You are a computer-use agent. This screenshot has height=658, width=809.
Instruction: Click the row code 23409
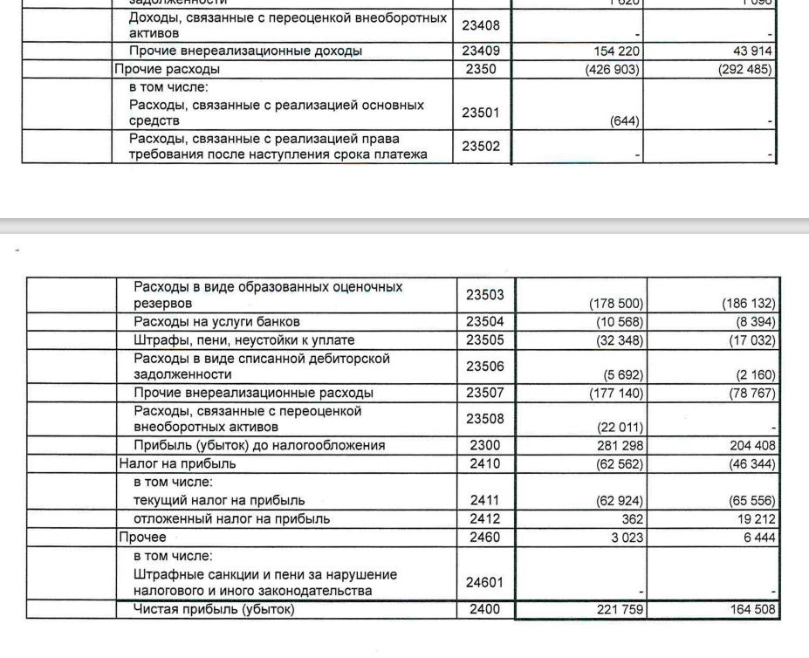(481, 51)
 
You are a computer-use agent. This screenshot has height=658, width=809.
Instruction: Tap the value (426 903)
(614, 68)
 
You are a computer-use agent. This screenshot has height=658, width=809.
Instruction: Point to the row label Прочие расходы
(167, 68)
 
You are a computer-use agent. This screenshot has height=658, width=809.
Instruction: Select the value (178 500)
(616, 305)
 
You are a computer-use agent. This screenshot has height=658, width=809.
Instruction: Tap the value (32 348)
(620, 339)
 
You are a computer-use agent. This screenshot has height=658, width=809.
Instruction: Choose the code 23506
(485, 366)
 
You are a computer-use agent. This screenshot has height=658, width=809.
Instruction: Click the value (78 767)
(752, 393)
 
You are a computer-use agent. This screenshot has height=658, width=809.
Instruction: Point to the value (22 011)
(620, 428)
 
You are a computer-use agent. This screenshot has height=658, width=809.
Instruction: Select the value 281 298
(620, 446)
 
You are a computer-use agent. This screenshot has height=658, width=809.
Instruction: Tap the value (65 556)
(752, 501)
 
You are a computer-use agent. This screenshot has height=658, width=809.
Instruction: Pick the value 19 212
(757, 519)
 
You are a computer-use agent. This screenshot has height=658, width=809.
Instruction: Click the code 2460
(485, 538)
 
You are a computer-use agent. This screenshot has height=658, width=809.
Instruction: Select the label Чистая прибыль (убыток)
(214, 609)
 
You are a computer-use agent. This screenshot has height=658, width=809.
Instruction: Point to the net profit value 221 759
(620, 610)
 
